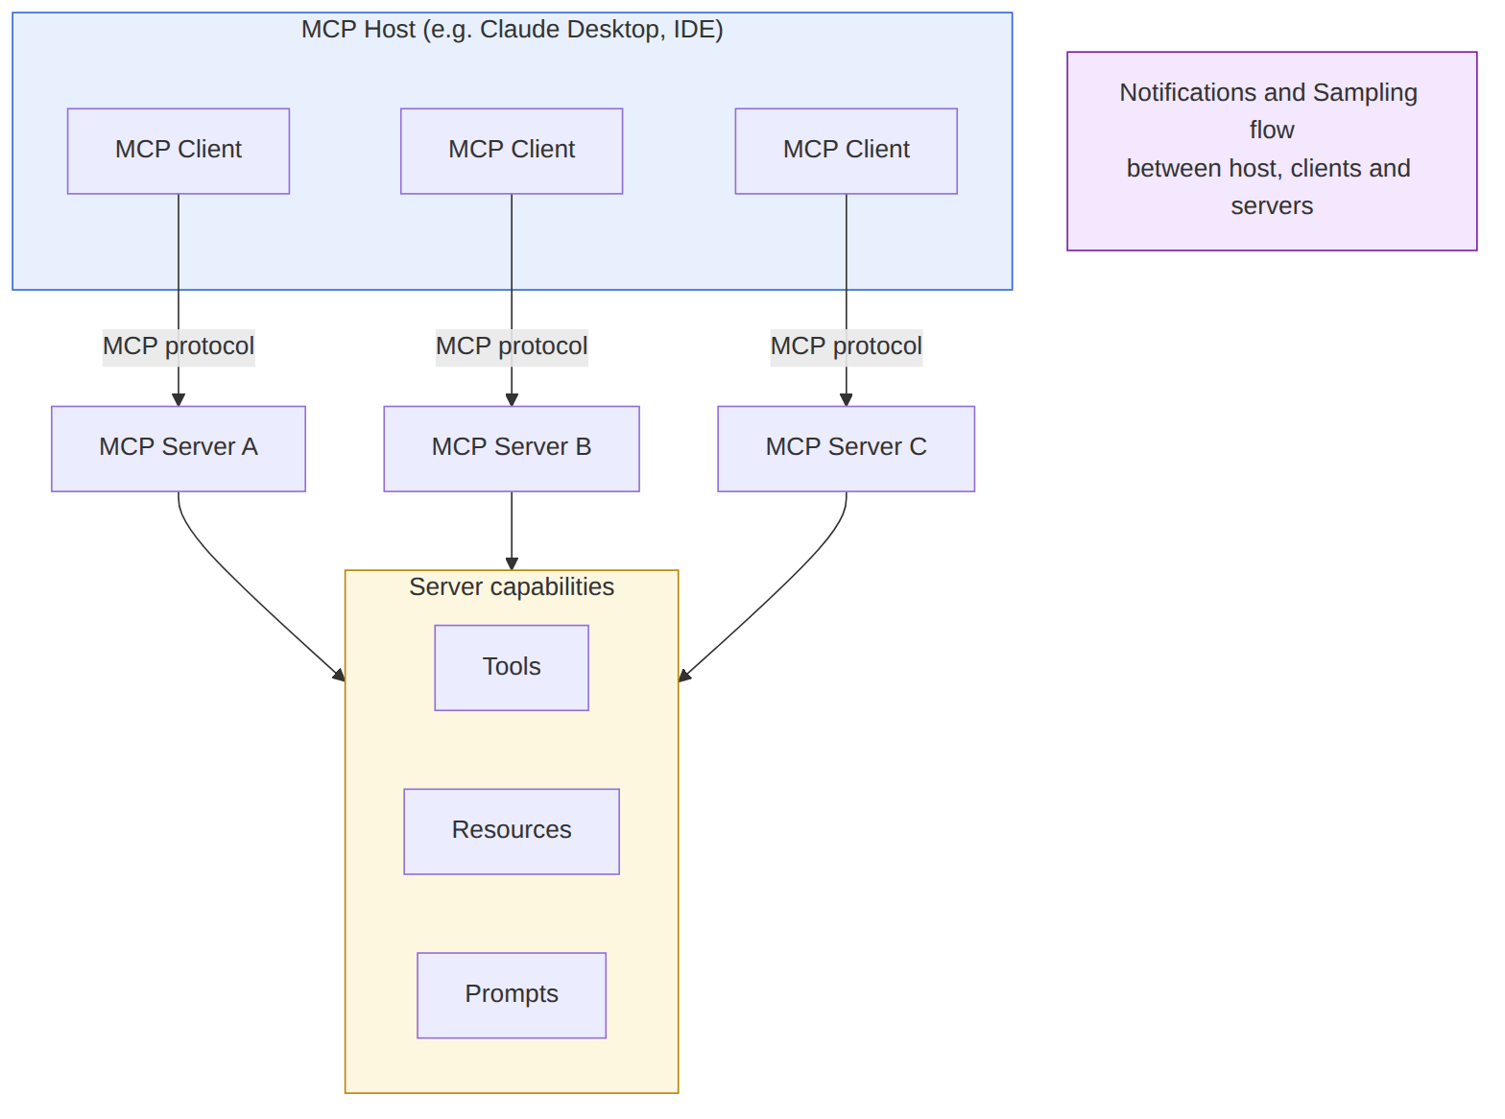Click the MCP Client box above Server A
coord(179,152)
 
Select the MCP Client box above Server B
coord(512,152)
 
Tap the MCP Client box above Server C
coord(847,152)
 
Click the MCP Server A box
coord(179,448)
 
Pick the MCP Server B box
coord(512,448)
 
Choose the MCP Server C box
coord(847,448)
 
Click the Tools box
coord(512,668)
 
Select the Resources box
coord(512,831)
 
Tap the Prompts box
coord(512,995)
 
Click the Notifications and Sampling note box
coord(1272,151)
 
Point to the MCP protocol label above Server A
coord(179,346)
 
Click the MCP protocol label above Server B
coord(512,346)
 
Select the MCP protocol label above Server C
coord(847,346)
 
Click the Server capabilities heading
coord(512,587)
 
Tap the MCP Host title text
coord(513,30)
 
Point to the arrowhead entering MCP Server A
coord(179,400)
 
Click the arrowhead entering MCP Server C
coord(847,400)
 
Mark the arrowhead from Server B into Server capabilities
coord(512,564)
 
